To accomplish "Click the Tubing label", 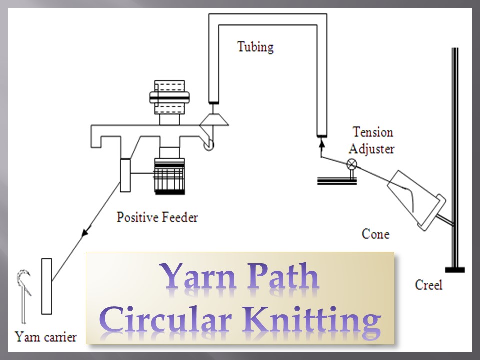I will (255, 47).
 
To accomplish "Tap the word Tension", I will (373, 132).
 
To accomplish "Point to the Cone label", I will (375, 233).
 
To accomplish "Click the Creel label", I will (428, 285).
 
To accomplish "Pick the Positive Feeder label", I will (157, 217).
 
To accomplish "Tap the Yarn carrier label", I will (46, 337).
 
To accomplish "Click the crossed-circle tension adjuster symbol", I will (352, 163).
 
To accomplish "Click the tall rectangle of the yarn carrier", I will (46, 286).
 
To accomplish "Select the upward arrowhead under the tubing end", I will (321, 143).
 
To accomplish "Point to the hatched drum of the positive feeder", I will (170, 176).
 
